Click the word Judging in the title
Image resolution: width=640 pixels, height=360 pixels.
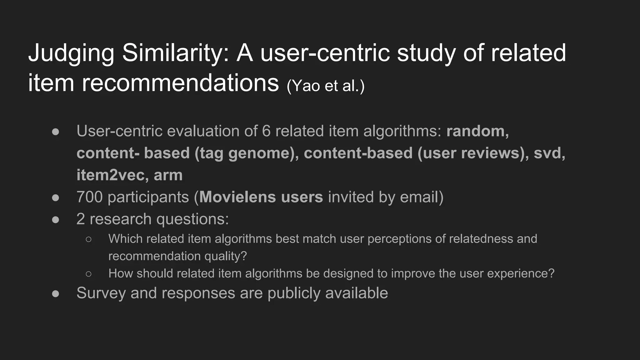click(x=71, y=53)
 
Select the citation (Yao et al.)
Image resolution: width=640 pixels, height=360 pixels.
click(x=326, y=86)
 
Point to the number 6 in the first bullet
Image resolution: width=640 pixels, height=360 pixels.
click(x=266, y=131)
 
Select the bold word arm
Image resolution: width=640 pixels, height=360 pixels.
click(x=168, y=175)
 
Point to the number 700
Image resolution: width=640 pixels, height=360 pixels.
click(x=89, y=197)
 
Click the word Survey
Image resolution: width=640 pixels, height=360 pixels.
click(x=101, y=293)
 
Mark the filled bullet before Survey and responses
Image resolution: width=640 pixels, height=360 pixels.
click(x=56, y=294)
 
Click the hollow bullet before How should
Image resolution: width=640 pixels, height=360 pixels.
click(x=88, y=274)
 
